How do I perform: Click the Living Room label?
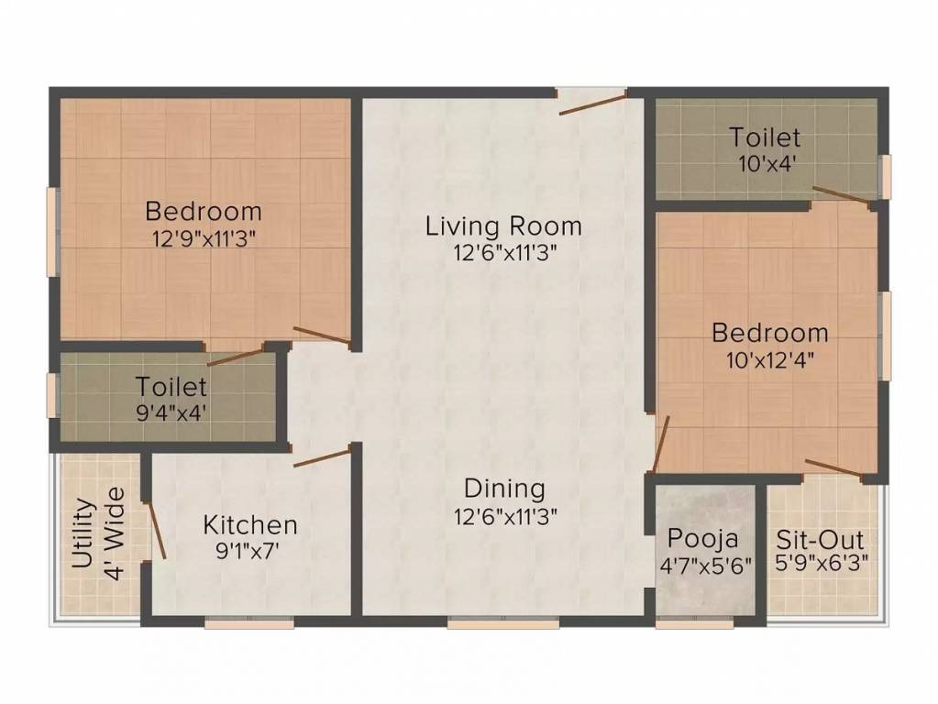coord(503,225)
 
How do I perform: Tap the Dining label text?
coord(503,489)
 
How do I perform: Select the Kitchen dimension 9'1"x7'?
coord(250,551)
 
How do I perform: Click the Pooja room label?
coord(703,538)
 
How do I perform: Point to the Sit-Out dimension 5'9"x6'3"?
coord(821,563)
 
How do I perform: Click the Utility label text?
coord(83,533)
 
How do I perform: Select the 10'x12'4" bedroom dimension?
coord(770,358)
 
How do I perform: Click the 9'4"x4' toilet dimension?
coord(171,412)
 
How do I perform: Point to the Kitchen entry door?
coord(321,457)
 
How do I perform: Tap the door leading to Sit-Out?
coord(833,468)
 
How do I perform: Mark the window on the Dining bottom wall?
coord(502,623)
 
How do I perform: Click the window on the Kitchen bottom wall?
coord(248,623)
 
